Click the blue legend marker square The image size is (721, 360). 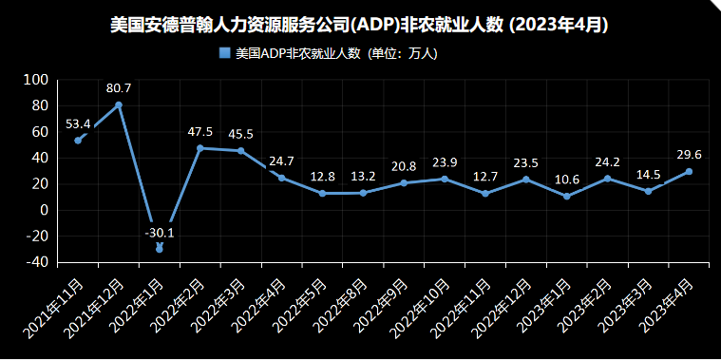tap(225, 54)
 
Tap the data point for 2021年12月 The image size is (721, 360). tap(119, 104)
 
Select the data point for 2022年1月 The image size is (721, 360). tap(160, 248)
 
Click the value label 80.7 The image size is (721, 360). tap(119, 88)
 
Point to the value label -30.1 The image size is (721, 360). tap(160, 232)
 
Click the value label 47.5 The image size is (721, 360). tap(200, 132)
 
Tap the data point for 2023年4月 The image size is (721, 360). tap(689, 172)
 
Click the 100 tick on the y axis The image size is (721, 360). tap(35, 80)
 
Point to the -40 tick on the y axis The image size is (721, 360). tap(35, 262)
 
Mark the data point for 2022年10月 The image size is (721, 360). tap(445, 179)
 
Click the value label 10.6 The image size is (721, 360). tap(567, 180)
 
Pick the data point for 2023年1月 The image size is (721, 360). tap(567, 197)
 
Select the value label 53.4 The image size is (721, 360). tap(78, 123)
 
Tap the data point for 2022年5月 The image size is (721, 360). tap(323, 193)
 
